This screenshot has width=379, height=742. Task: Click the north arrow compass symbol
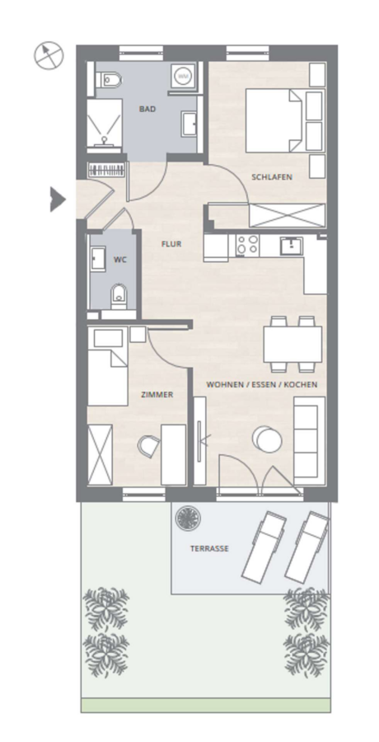(x=49, y=55)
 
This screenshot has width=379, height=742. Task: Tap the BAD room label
(x=147, y=110)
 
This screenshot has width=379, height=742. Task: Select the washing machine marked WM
(x=182, y=76)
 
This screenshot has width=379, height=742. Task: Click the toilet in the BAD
(x=109, y=79)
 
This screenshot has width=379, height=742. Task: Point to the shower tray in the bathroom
(x=104, y=123)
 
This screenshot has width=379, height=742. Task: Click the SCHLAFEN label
(x=272, y=177)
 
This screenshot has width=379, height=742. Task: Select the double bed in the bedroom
(x=274, y=120)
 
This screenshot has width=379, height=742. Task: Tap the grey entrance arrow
(x=58, y=200)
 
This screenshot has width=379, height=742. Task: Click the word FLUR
(x=171, y=244)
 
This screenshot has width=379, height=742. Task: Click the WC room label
(x=120, y=260)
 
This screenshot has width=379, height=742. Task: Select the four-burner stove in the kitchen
(x=247, y=245)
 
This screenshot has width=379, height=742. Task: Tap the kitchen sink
(x=291, y=246)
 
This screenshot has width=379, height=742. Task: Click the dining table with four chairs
(x=292, y=344)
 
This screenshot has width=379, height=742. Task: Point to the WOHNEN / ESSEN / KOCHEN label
(x=262, y=385)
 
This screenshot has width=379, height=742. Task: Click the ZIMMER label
(x=157, y=395)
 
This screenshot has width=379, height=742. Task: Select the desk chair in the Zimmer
(x=149, y=447)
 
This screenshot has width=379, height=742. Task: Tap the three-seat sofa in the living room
(x=310, y=440)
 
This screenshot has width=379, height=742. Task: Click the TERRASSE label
(x=209, y=549)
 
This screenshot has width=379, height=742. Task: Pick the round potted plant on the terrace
(x=188, y=519)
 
